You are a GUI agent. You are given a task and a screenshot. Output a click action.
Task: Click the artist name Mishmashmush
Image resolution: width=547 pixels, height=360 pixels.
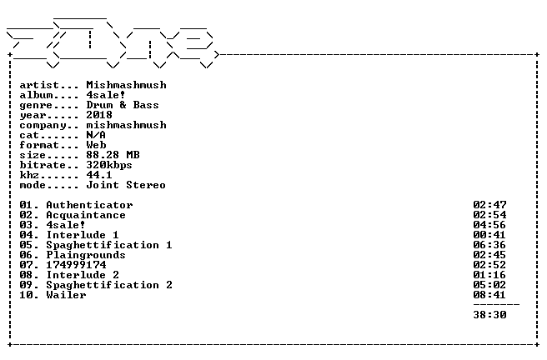point(126,85)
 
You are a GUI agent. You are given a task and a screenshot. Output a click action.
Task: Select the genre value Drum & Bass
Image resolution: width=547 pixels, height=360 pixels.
point(123,105)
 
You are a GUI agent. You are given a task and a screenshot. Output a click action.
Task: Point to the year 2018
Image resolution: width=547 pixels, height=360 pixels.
point(99,115)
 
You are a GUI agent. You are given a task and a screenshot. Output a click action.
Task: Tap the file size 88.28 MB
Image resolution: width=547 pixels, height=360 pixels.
point(113,155)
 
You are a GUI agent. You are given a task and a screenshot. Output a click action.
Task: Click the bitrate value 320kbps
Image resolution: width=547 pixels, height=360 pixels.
point(109,165)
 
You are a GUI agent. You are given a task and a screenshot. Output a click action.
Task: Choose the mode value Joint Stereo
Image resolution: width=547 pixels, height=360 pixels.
point(126,185)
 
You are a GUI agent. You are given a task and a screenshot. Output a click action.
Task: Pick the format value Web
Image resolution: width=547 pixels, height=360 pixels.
point(96,145)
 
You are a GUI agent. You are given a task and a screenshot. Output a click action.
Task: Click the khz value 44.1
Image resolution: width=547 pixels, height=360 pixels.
point(99,175)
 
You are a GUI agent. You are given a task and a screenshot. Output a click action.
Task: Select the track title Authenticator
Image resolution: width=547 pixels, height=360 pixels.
point(89,205)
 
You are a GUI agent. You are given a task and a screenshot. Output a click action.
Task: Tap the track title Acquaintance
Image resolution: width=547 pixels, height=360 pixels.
point(86,215)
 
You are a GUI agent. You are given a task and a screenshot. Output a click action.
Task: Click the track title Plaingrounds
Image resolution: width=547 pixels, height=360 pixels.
point(86,255)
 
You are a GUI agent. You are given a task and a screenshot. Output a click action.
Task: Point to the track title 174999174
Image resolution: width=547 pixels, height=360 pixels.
point(76,265)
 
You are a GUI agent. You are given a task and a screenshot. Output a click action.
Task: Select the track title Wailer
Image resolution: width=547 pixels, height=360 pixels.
point(66,295)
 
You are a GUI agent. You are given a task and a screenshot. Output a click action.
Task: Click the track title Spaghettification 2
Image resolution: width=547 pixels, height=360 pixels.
point(109,285)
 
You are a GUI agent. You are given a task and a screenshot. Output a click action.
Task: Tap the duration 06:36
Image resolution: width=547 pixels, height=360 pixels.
point(489,245)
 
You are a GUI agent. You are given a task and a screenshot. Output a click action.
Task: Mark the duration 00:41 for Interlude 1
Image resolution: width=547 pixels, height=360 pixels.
point(489,235)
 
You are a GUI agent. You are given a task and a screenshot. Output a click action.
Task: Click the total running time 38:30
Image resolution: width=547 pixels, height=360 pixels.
point(489,315)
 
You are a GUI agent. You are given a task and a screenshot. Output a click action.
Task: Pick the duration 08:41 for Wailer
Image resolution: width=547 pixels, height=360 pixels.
point(489,295)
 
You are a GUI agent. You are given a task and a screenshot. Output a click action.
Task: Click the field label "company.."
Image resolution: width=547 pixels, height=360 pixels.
point(49,126)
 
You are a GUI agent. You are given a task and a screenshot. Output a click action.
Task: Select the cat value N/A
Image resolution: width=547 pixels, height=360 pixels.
point(96,135)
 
